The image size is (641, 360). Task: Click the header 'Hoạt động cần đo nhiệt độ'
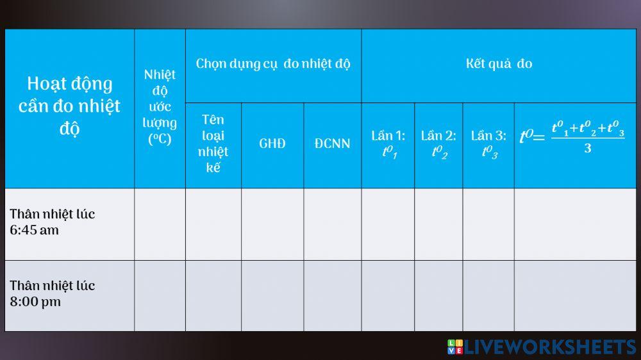tap(69, 106)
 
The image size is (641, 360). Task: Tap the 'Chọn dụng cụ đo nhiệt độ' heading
tap(273, 64)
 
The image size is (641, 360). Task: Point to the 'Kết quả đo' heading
tap(499, 64)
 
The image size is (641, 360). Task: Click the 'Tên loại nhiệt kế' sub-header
tap(213, 143)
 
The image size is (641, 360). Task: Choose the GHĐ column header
tap(272, 143)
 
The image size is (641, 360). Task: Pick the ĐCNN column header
tap(332, 143)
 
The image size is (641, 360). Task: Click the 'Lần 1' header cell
tap(388, 143)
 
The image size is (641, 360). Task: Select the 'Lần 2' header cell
tap(438, 143)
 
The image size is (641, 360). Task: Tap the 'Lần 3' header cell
tap(488, 143)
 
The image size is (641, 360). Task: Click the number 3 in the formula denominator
tap(587, 149)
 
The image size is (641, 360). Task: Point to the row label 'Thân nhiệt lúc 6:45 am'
tap(52, 222)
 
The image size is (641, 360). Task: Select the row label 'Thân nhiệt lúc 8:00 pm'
tap(52, 293)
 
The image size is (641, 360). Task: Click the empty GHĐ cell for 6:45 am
tap(272, 224)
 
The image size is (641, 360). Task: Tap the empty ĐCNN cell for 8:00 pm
tap(332, 295)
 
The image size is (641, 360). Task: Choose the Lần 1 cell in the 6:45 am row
tap(388, 224)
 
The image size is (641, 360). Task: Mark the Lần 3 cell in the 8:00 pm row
tap(488, 295)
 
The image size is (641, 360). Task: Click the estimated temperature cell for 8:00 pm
tap(160, 295)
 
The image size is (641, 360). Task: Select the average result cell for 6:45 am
tap(575, 224)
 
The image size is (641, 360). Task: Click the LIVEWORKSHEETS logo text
tap(550, 347)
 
